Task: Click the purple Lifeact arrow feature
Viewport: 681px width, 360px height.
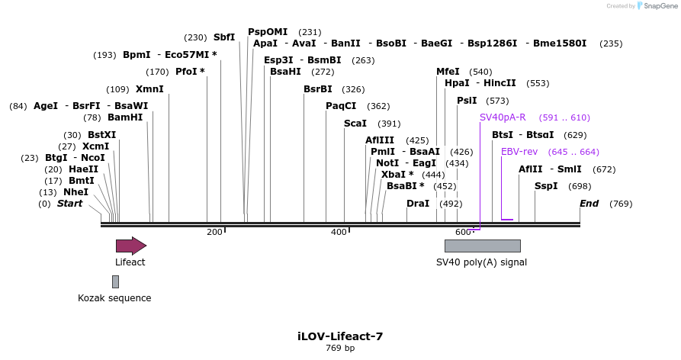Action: click(x=130, y=246)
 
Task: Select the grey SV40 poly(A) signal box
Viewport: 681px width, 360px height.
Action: click(x=482, y=246)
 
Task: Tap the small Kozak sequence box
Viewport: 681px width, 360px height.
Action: click(x=115, y=281)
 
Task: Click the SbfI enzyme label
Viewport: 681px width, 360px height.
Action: click(x=224, y=37)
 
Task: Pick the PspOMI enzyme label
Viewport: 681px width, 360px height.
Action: click(x=268, y=32)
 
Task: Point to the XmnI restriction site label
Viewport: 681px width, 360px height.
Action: click(x=149, y=89)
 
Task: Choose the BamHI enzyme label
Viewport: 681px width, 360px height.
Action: click(x=125, y=117)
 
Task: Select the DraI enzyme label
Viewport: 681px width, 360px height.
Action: click(x=418, y=204)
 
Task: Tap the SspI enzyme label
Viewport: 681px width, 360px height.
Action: click(x=546, y=186)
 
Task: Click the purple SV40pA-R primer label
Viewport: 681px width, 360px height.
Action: click(x=503, y=117)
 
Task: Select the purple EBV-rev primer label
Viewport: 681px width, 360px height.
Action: click(x=519, y=152)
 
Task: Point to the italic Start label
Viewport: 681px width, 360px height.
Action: click(x=69, y=204)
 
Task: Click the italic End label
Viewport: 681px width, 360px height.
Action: click(x=589, y=204)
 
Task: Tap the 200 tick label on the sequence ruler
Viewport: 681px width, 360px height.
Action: click(x=214, y=232)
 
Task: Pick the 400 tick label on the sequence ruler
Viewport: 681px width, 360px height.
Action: click(x=339, y=232)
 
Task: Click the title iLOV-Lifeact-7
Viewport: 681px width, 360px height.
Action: click(x=340, y=336)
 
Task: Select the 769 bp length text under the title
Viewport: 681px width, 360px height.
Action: click(x=340, y=349)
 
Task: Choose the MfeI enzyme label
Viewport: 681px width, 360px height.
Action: click(x=448, y=72)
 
